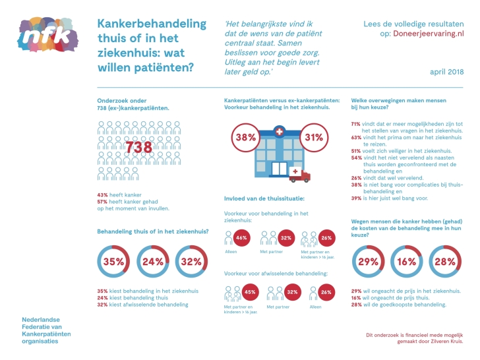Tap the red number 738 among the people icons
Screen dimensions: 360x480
(x=138, y=148)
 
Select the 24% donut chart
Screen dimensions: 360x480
(x=153, y=262)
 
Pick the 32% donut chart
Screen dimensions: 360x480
(x=192, y=262)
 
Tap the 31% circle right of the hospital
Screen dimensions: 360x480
(x=314, y=138)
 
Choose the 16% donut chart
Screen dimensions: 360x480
(x=407, y=262)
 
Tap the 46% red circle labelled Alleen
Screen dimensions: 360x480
(x=241, y=238)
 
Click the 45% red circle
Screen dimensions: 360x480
(x=251, y=292)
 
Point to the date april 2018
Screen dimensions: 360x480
(x=446, y=71)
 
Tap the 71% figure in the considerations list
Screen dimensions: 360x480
(x=355, y=124)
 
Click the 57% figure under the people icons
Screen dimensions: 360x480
(x=102, y=201)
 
